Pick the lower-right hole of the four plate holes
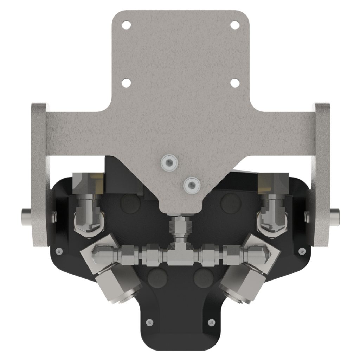234,83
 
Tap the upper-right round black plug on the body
229,201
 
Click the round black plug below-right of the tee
203,276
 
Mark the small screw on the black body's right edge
301,251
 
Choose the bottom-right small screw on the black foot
211,321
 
